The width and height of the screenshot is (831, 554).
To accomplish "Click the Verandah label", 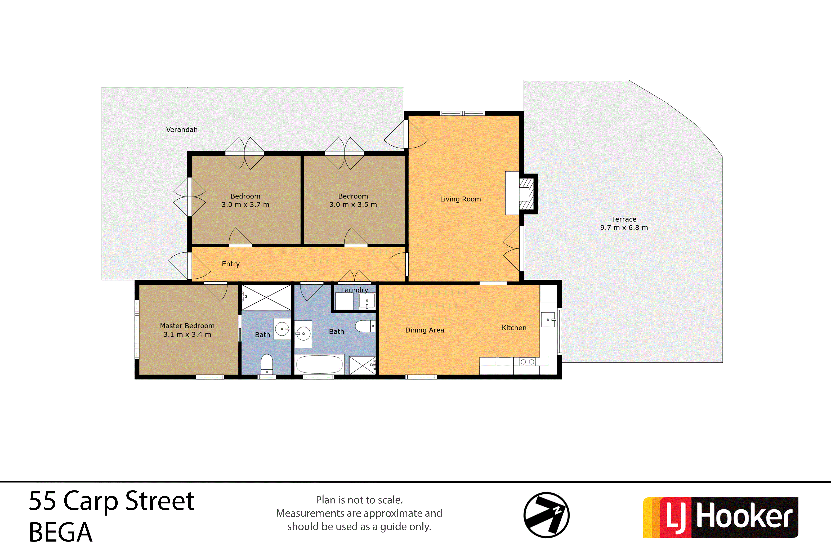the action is (x=182, y=130).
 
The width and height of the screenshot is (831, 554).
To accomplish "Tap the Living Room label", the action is (x=460, y=199).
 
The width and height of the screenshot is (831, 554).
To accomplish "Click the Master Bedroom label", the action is (x=187, y=326).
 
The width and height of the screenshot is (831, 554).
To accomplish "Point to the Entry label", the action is (x=231, y=264).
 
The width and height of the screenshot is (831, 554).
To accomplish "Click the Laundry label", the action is (x=354, y=290).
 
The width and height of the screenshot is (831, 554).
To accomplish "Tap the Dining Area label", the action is (x=425, y=330).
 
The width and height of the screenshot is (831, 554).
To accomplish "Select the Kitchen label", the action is (x=514, y=328).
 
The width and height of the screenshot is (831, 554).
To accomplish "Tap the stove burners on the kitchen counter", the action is (x=527, y=362).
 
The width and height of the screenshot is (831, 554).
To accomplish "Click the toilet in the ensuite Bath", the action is (x=267, y=364).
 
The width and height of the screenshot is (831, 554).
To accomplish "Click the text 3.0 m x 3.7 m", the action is (x=245, y=205).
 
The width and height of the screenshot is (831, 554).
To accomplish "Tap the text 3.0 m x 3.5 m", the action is (x=353, y=205).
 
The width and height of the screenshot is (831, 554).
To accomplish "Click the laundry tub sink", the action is (x=367, y=301).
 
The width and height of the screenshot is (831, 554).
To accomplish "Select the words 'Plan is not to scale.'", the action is (x=359, y=500).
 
